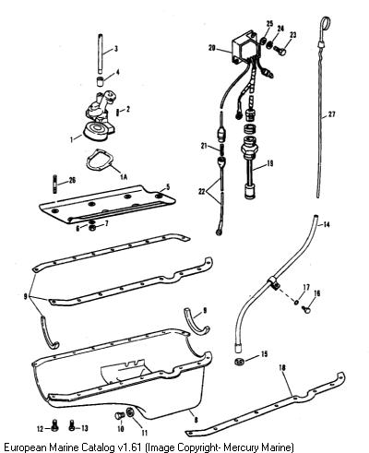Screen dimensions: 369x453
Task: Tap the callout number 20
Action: pos(212,48)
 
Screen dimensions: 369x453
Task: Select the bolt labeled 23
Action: pos(280,49)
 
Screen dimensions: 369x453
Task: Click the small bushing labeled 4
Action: pos(99,82)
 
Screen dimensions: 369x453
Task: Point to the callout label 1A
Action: pos(124,176)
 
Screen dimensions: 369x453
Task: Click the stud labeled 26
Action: pos(54,185)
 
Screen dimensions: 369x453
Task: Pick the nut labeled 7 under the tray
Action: pos(91,228)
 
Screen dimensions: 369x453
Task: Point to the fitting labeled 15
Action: pos(239,362)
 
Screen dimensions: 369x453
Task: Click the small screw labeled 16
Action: pos(306,309)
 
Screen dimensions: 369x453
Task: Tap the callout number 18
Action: pos(282,367)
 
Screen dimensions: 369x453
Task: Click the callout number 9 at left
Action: pos(26,297)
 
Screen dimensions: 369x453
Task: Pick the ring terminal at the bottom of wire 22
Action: pos(220,232)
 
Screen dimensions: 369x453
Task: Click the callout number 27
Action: pos(331,114)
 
